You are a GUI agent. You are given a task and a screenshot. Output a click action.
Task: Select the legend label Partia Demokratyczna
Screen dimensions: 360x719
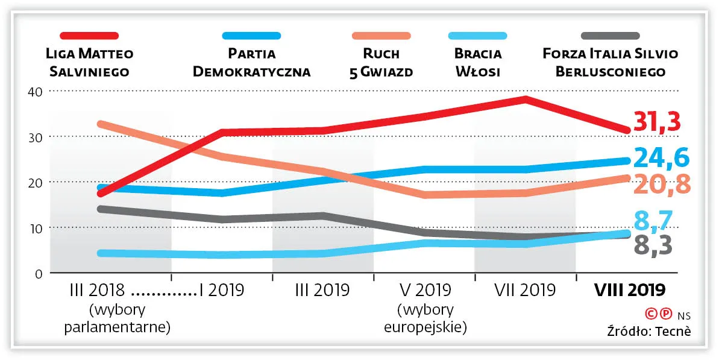coord(251,63)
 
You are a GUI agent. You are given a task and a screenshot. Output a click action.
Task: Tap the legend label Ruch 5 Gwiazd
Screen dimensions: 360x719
coord(382,63)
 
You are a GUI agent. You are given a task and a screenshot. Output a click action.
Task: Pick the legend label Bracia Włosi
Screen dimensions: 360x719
coord(478,63)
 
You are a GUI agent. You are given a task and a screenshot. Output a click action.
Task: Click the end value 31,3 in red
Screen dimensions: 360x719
coord(657,121)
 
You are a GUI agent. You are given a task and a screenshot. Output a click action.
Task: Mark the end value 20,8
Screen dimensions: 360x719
coord(661,184)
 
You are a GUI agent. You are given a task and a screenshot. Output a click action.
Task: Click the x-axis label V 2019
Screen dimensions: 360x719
coord(425,290)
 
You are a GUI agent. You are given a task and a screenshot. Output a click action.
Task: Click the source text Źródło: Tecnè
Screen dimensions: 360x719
coord(648,331)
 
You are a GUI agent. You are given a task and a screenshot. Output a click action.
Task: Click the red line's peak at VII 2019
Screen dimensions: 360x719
coord(526,99)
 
